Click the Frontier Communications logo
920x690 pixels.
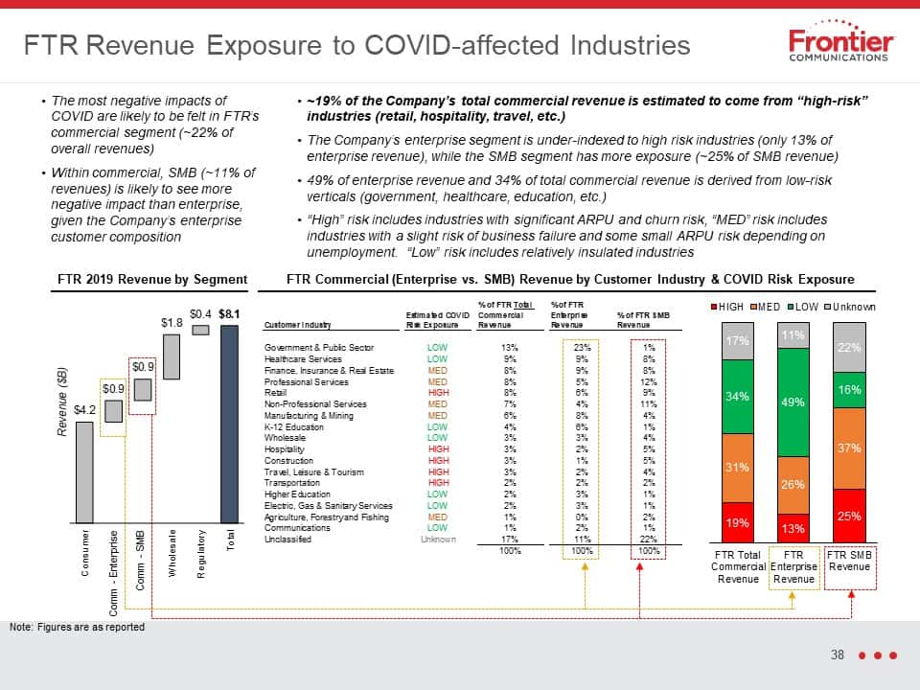pyautogui.click(x=840, y=40)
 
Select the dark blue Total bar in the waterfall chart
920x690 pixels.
pyautogui.click(x=229, y=425)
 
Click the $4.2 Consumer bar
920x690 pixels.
pyautogui.click(x=84, y=472)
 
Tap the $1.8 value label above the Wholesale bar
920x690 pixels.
pyautogui.click(x=172, y=323)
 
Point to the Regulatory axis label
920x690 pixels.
pyautogui.click(x=201, y=555)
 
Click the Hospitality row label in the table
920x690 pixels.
pyautogui.click(x=284, y=449)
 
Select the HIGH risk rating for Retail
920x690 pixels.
pyautogui.click(x=438, y=393)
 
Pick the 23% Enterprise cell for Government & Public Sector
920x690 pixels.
pyautogui.click(x=582, y=347)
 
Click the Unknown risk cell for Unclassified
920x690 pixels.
pyautogui.click(x=438, y=540)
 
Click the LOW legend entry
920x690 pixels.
pyautogui.click(x=803, y=307)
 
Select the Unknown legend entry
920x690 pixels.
pyautogui.click(x=850, y=307)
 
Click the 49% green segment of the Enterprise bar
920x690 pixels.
pyautogui.click(x=793, y=402)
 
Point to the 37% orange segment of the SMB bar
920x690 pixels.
pyautogui.click(x=849, y=448)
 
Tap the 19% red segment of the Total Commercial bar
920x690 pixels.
pyautogui.click(x=738, y=522)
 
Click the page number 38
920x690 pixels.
pyautogui.click(x=838, y=655)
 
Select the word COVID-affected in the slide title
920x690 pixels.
pyautogui.click(x=462, y=45)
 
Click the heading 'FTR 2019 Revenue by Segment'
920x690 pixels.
pyautogui.click(x=152, y=279)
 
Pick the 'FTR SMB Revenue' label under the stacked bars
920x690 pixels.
pyautogui.click(x=850, y=561)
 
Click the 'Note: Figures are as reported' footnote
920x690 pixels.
pyautogui.click(x=77, y=627)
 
